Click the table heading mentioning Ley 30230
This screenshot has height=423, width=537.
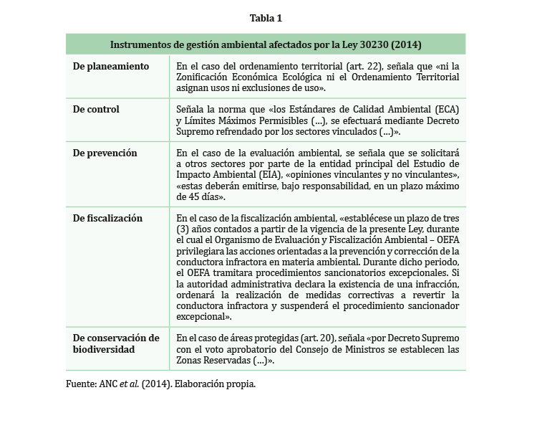tap(266, 44)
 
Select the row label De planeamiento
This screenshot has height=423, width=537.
tap(111, 66)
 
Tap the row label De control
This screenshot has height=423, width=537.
tap(97, 110)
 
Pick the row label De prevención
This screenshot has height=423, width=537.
tap(105, 153)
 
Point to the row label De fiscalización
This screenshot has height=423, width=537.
tap(108, 219)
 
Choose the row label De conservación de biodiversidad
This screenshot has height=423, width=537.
tap(116, 343)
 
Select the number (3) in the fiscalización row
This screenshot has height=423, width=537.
tap(183, 229)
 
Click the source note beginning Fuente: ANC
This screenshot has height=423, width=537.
tap(160, 384)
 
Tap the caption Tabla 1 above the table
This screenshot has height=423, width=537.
tap(266, 18)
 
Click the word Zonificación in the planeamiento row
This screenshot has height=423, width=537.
tap(206, 77)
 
